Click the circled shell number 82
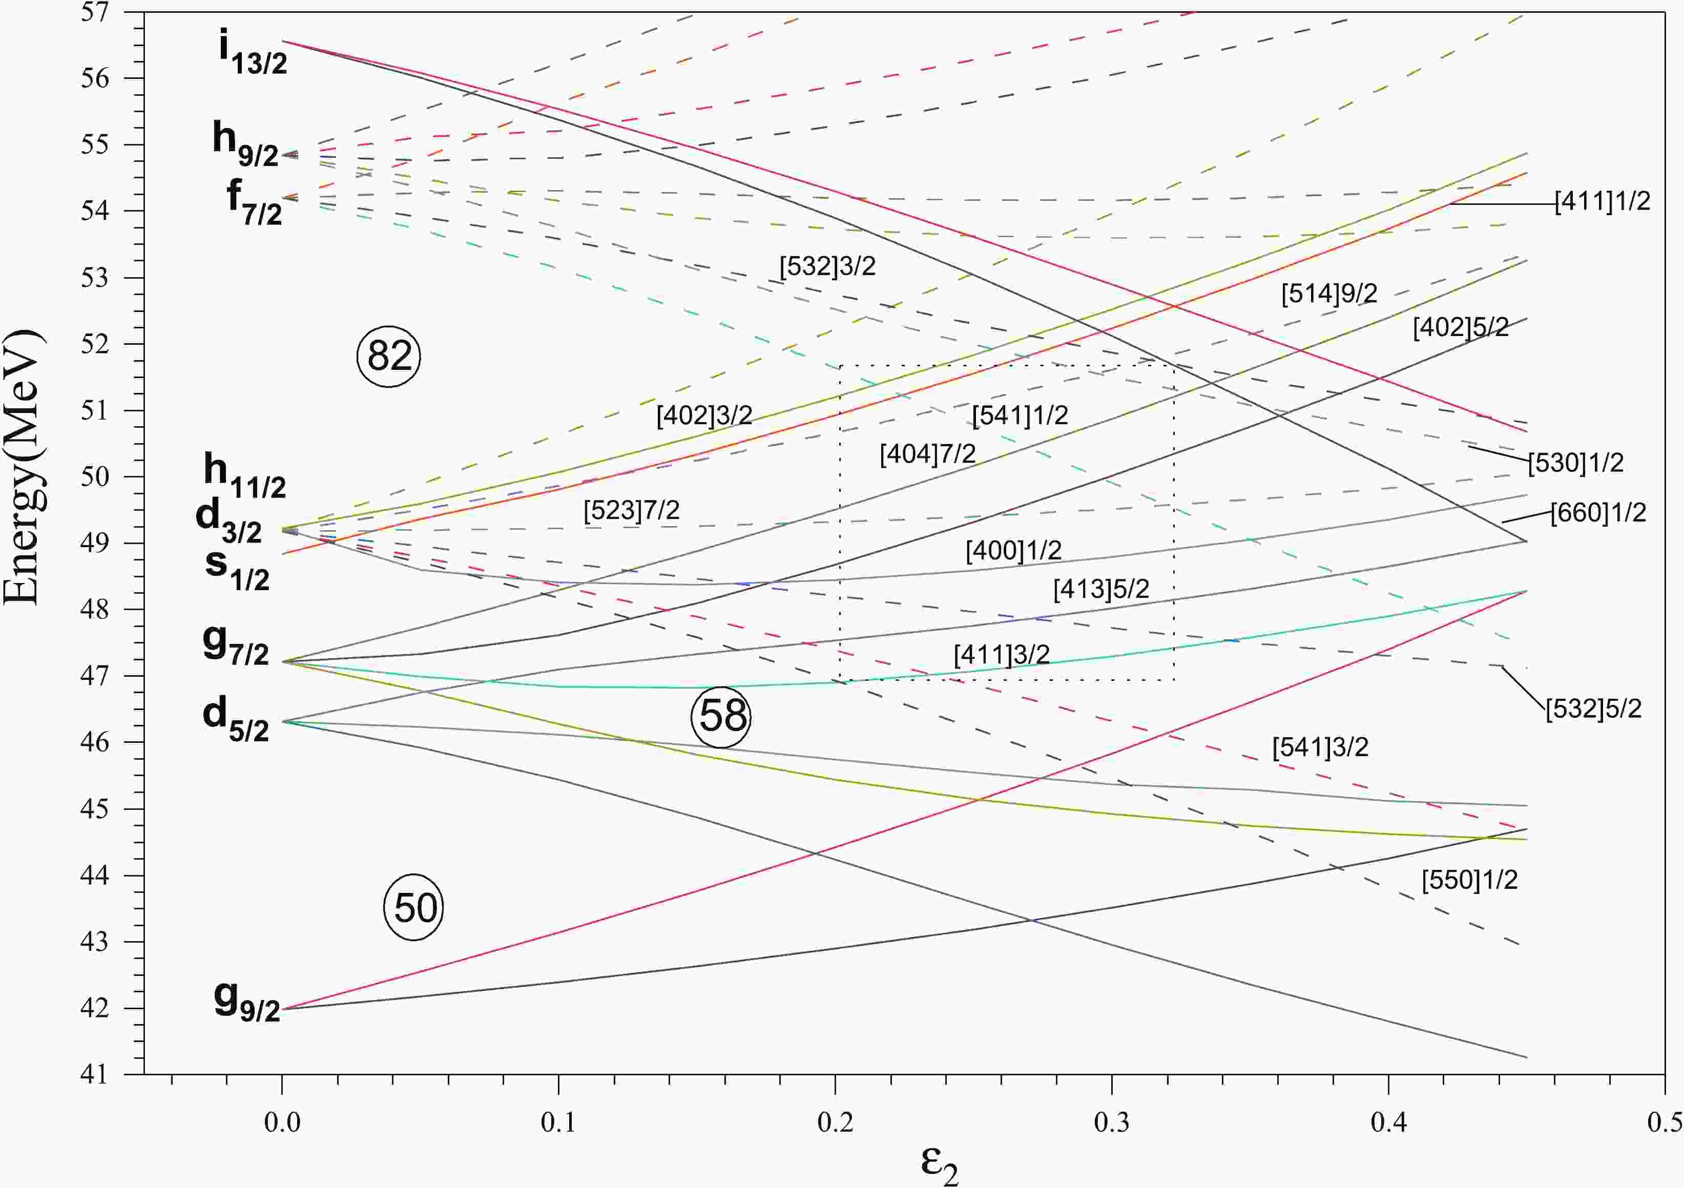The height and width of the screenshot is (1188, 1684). coord(389,357)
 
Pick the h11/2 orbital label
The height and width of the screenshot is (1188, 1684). coord(245,476)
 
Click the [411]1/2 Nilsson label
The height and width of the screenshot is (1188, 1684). coord(1603,201)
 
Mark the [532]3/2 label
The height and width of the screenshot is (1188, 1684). coord(828,266)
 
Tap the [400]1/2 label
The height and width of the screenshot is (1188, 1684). coord(1013,551)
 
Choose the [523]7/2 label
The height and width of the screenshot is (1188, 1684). coord(632,510)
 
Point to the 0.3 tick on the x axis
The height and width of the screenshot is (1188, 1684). coord(1112,1123)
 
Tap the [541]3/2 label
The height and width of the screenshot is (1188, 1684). coord(1320,748)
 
